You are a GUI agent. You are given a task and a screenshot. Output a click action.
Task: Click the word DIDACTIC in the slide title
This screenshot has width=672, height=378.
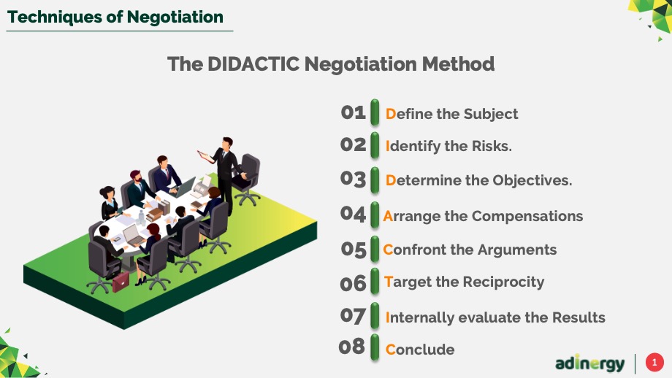pyautogui.click(x=253, y=64)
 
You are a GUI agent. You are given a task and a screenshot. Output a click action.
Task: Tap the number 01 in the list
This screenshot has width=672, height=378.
pyautogui.click(x=353, y=112)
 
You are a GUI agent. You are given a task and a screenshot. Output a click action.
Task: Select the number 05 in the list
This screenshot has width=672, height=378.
pyautogui.click(x=354, y=250)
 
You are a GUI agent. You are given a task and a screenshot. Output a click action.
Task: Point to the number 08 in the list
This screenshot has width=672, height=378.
pyautogui.click(x=351, y=347)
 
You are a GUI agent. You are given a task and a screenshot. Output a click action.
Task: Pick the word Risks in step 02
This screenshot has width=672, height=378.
pyautogui.click(x=492, y=146)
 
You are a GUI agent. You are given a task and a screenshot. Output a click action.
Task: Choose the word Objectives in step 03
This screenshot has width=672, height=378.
pyautogui.click(x=532, y=181)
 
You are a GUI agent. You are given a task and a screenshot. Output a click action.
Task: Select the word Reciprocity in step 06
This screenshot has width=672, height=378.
pyautogui.click(x=503, y=282)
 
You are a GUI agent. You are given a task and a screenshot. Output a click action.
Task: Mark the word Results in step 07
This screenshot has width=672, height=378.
pyautogui.click(x=579, y=317)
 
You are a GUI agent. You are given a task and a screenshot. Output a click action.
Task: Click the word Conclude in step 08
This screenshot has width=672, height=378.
pyautogui.click(x=420, y=350)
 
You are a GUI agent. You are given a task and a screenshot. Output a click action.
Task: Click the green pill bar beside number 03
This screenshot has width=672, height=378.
pyautogui.click(x=375, y=180)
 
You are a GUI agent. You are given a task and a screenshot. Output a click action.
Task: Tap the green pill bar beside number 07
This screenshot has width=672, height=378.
pyautogui.click(x=375, y=315)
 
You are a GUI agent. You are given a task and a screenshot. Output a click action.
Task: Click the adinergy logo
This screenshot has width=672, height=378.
pyautogui.click(x=589, y=363)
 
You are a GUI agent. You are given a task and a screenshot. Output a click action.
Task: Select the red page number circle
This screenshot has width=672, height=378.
pyautogui.click(x=654, y=363)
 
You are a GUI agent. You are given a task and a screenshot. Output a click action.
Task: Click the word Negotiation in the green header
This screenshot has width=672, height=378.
pyautogui.click(x=175, y=17)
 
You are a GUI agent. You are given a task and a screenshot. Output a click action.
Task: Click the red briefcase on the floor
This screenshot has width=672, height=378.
pyautogui.click(x=121, y=282)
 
